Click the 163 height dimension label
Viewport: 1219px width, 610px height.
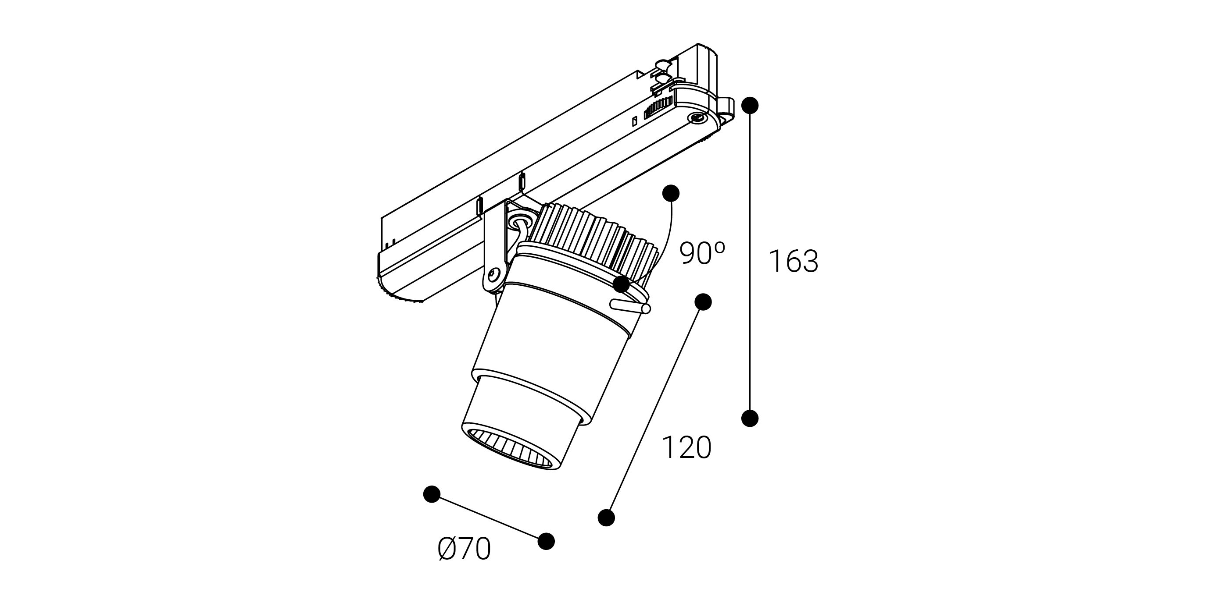coord(794,261)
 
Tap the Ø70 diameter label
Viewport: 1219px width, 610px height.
coord(464,549)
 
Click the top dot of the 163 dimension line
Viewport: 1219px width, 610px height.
coord(750,106)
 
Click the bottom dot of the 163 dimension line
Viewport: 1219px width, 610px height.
coord(750,418)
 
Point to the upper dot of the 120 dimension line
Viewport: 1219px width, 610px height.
coord(703,301)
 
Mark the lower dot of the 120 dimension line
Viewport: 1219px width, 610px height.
coord(606,518)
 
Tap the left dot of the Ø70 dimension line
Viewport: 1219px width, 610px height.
coord(432,494)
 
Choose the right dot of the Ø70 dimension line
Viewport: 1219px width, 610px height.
coord(546,541)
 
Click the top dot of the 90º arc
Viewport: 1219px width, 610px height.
coord(671,193)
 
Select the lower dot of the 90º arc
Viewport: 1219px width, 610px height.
coord(621,285)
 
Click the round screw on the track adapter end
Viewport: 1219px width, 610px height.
coord(696,119)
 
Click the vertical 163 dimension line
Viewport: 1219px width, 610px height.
coord(750,262)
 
